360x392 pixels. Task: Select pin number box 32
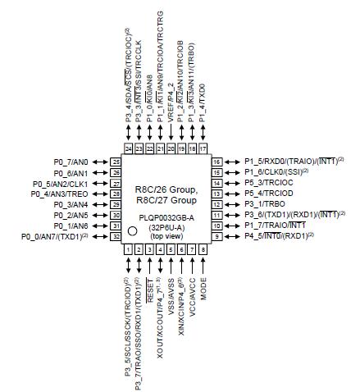(x=116, y=236)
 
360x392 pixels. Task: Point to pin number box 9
(x=216, y=236)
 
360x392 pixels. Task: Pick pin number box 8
(x=203, y=248)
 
